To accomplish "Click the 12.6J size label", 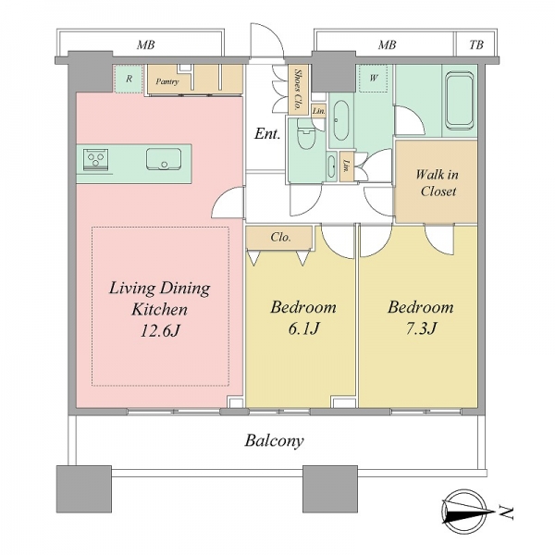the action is click(161, 331).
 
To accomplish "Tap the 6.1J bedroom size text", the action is click(303, 328).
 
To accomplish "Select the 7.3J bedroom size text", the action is click(421, 328).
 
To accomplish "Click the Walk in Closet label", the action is click(438, 183).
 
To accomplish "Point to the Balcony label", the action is click(275, 441).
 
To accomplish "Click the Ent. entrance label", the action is click(267, 134).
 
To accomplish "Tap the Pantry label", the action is click(167, 81).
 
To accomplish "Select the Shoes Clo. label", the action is click(298, 89).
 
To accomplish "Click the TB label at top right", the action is click(476, 45).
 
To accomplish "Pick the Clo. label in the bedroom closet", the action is click(280, 237).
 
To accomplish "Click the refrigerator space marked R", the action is click(129, 79).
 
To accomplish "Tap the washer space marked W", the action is click(374, 78).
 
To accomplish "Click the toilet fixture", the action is click(306, 134).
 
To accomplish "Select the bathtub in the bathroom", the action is click(460, 100).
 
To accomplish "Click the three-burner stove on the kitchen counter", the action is click(96, 158).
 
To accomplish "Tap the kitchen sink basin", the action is click(164, 158).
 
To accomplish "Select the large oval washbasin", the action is click(341, 120).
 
